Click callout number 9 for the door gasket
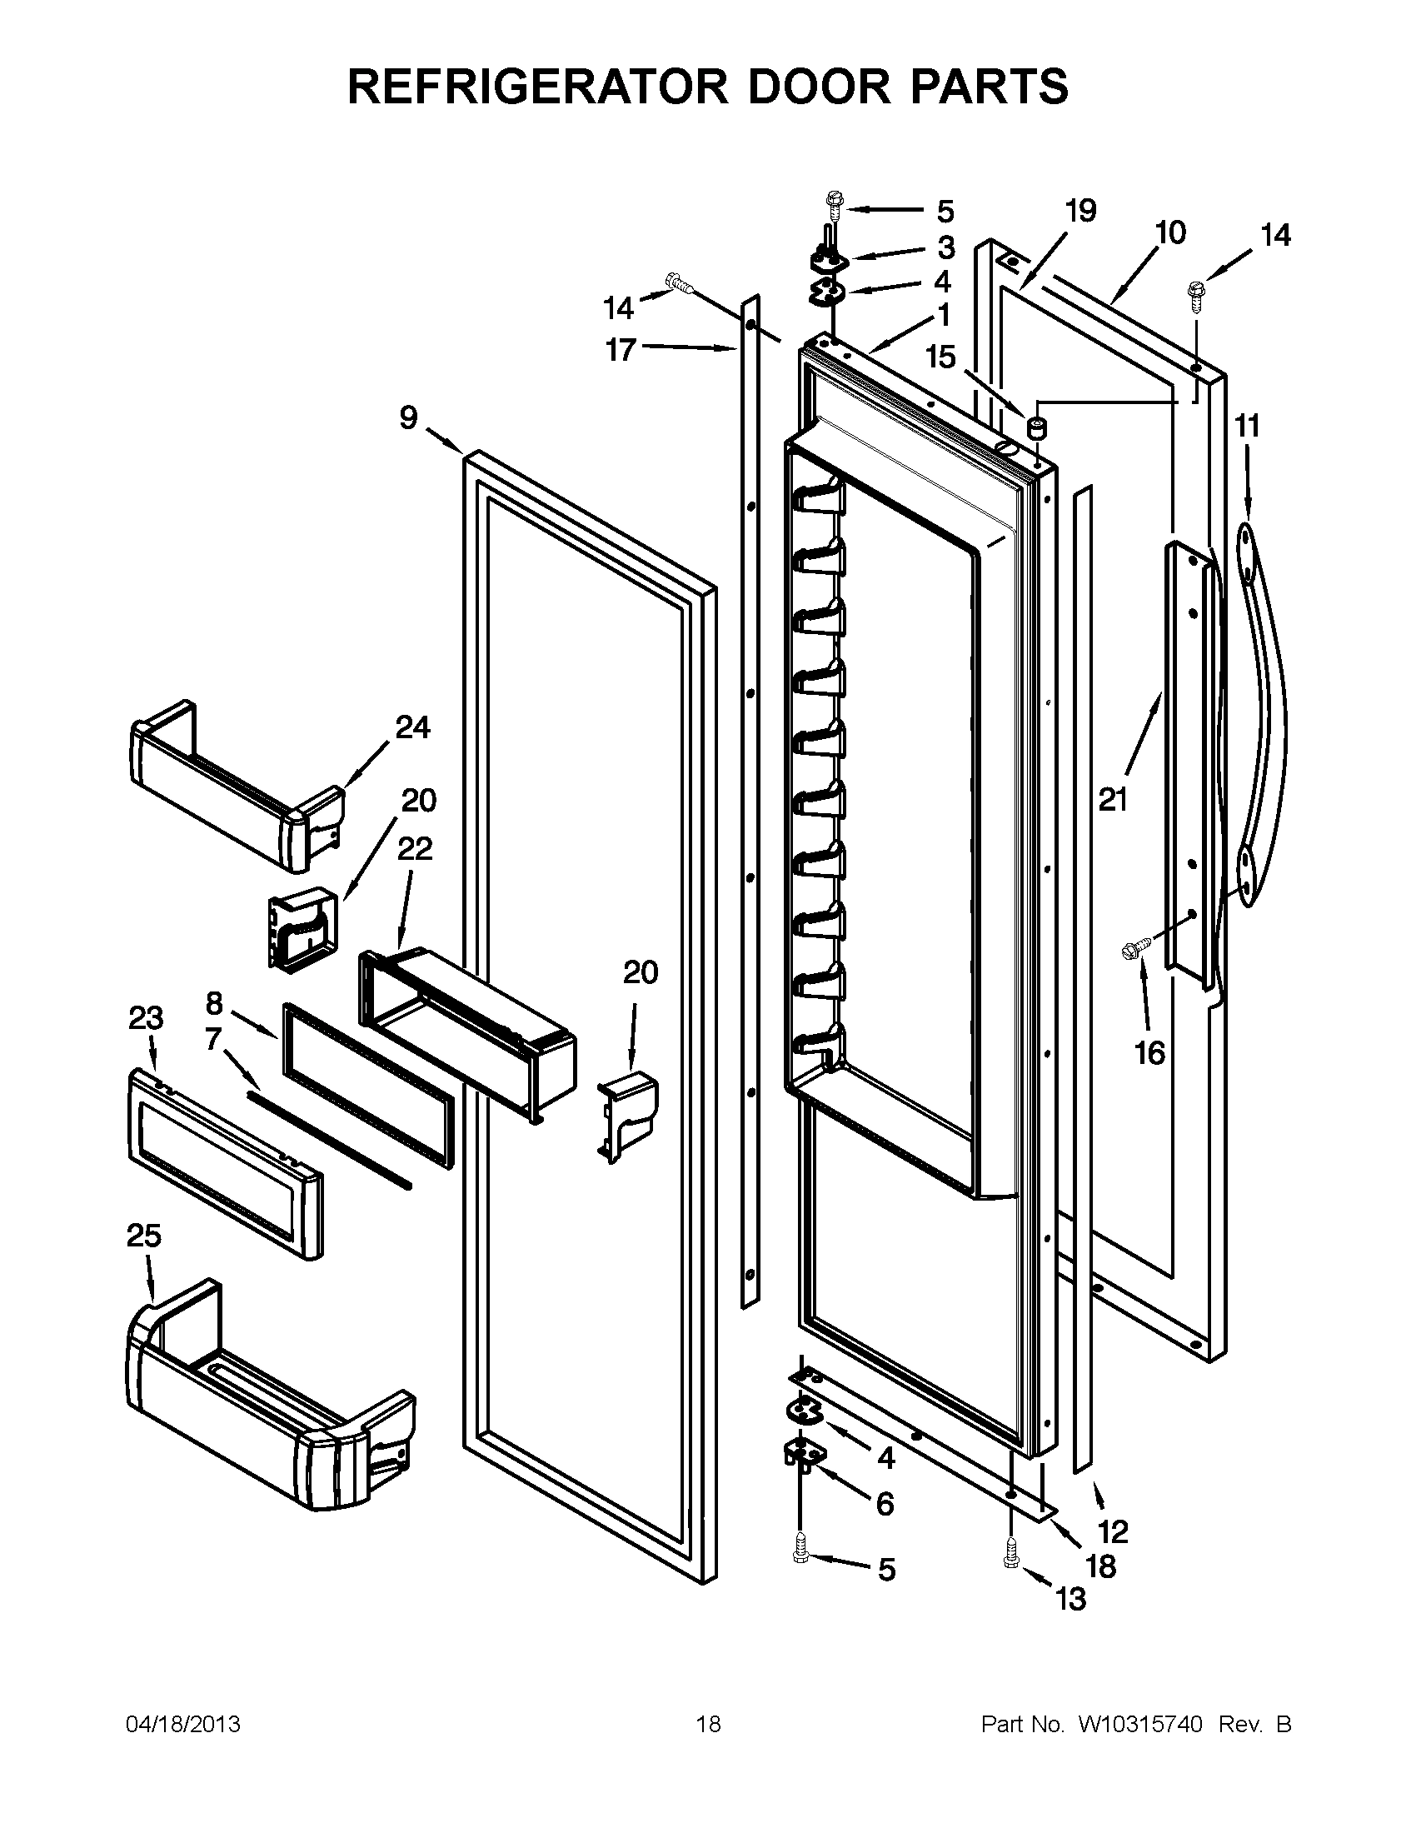point(408,417)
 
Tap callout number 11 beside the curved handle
point(1248,427)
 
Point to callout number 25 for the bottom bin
point(144,1236)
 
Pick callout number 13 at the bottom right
point(1072,1599)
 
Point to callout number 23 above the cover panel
point(146,1018)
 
